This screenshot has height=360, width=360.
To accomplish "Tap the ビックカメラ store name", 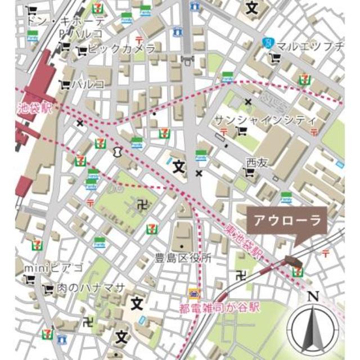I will pos(120,49).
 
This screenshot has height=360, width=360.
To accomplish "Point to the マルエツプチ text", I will pos(311,46).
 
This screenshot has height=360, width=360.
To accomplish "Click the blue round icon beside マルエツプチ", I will pos(270,43).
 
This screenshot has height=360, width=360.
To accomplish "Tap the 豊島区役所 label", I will pos(183,259).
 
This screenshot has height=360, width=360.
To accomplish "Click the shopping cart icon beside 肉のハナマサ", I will pos(48,289).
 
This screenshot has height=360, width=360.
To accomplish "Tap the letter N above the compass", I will pos(313,296).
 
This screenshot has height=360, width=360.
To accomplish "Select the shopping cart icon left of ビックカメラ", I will pos(81,50).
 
